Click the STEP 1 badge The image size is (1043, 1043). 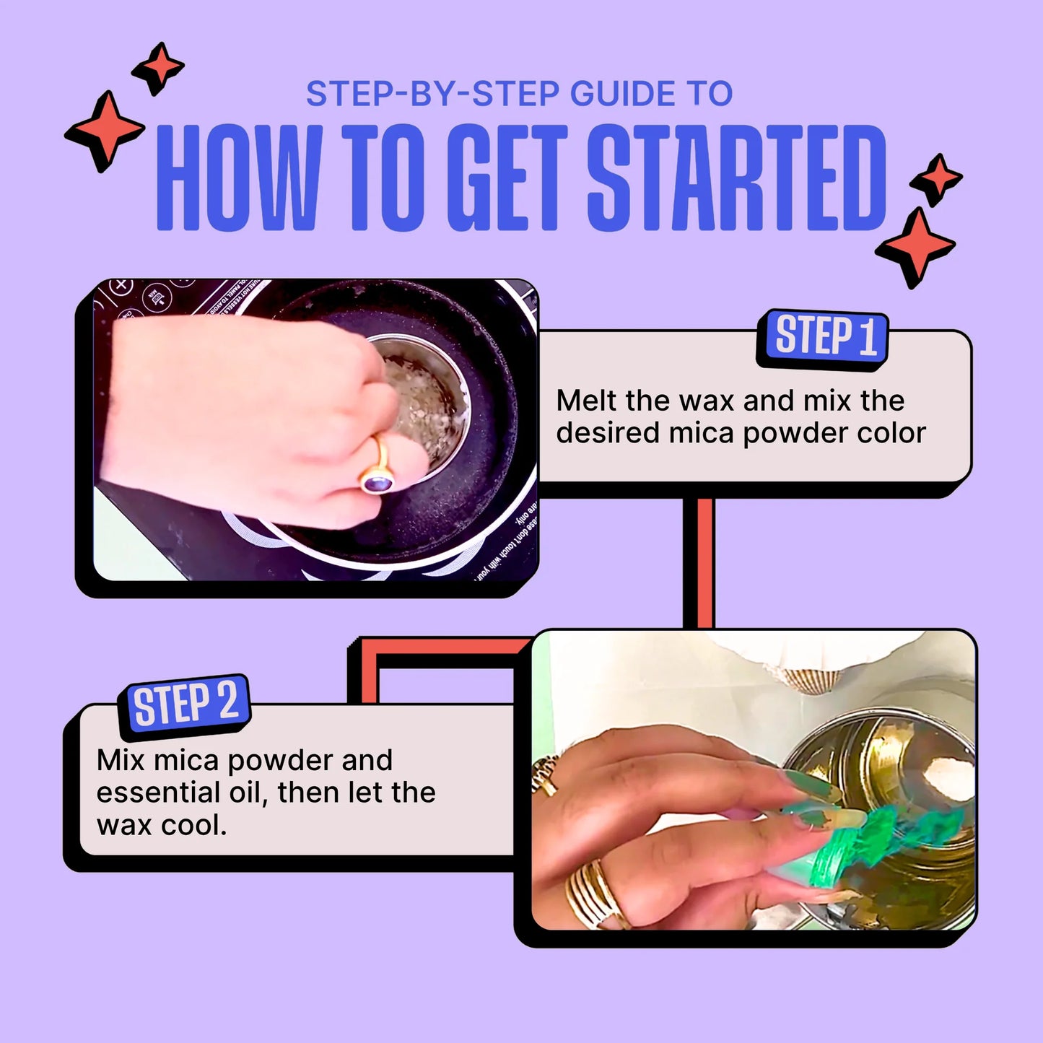click(824, 338)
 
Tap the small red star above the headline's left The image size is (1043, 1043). click(158, 68)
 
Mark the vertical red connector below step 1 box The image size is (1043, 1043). click(699, 563)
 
